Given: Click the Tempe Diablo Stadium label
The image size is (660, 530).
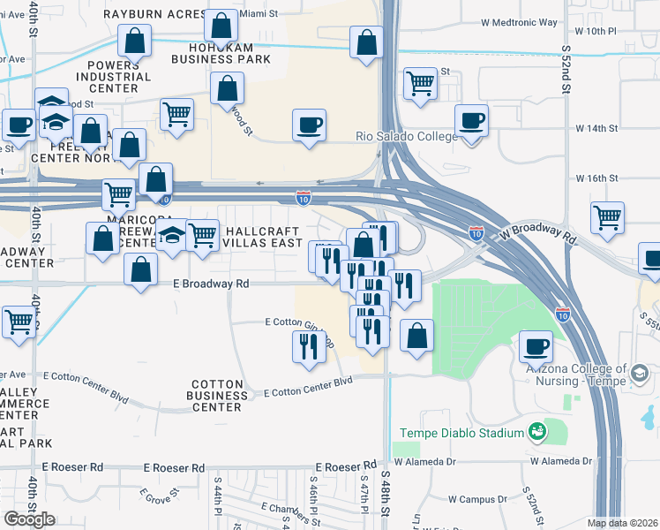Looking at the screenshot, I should click(461, 433).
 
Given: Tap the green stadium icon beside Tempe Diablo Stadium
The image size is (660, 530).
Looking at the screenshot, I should click(536, 432).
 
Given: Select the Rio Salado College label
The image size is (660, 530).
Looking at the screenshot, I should click(406, 137).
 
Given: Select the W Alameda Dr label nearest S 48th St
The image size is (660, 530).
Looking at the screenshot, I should click(424, 461).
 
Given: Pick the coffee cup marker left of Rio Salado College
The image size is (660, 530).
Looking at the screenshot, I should click(309, 125).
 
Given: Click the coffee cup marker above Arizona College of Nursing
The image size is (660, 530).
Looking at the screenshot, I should click(536, 345).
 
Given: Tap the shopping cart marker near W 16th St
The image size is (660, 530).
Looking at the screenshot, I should click(607, 216).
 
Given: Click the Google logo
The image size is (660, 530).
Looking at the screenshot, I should click(29, 519).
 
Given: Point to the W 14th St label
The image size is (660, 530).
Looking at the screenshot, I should click(596, 128).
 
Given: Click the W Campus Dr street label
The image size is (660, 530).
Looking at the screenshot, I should click(476, 499).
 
